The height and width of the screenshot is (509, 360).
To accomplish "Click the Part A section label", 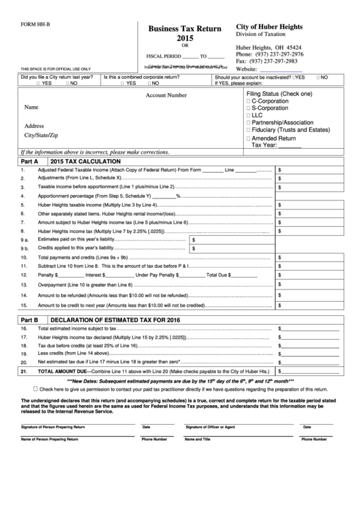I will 29,161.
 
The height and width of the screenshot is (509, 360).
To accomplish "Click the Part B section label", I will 29,319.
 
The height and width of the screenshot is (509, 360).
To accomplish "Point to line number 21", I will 24,372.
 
